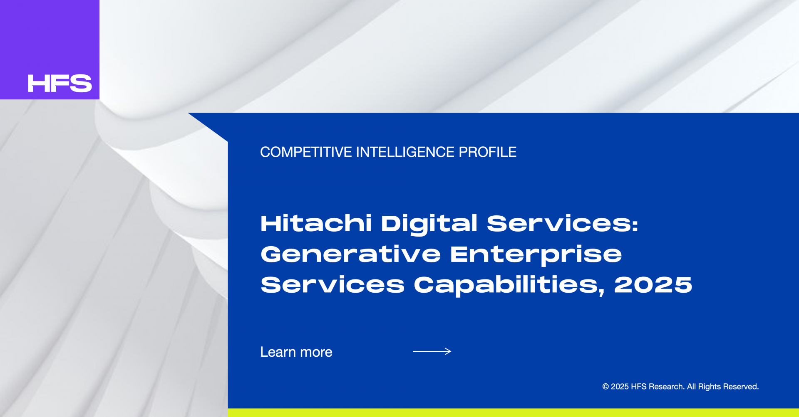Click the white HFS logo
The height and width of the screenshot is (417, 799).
[60, 83]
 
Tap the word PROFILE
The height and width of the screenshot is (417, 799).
[487, 152]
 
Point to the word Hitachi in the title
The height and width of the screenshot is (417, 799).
[316, 223]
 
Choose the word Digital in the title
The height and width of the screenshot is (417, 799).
[429, 225]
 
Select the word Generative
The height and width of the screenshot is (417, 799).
[350, 254]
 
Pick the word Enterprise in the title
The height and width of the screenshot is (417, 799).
[536, 255]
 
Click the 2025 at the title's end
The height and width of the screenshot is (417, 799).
[653, 285]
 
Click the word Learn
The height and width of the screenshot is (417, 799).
[278, 352]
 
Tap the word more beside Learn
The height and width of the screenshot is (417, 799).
[316, 353]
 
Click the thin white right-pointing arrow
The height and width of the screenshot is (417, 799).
[432, 351]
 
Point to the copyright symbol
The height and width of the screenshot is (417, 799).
[605, 387]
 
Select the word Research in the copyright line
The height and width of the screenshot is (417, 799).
[666, 387]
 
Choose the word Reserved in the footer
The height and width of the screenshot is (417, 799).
[741, 387]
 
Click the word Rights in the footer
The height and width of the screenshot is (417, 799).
[710, 387]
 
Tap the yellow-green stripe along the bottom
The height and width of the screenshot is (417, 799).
[514, 412]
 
